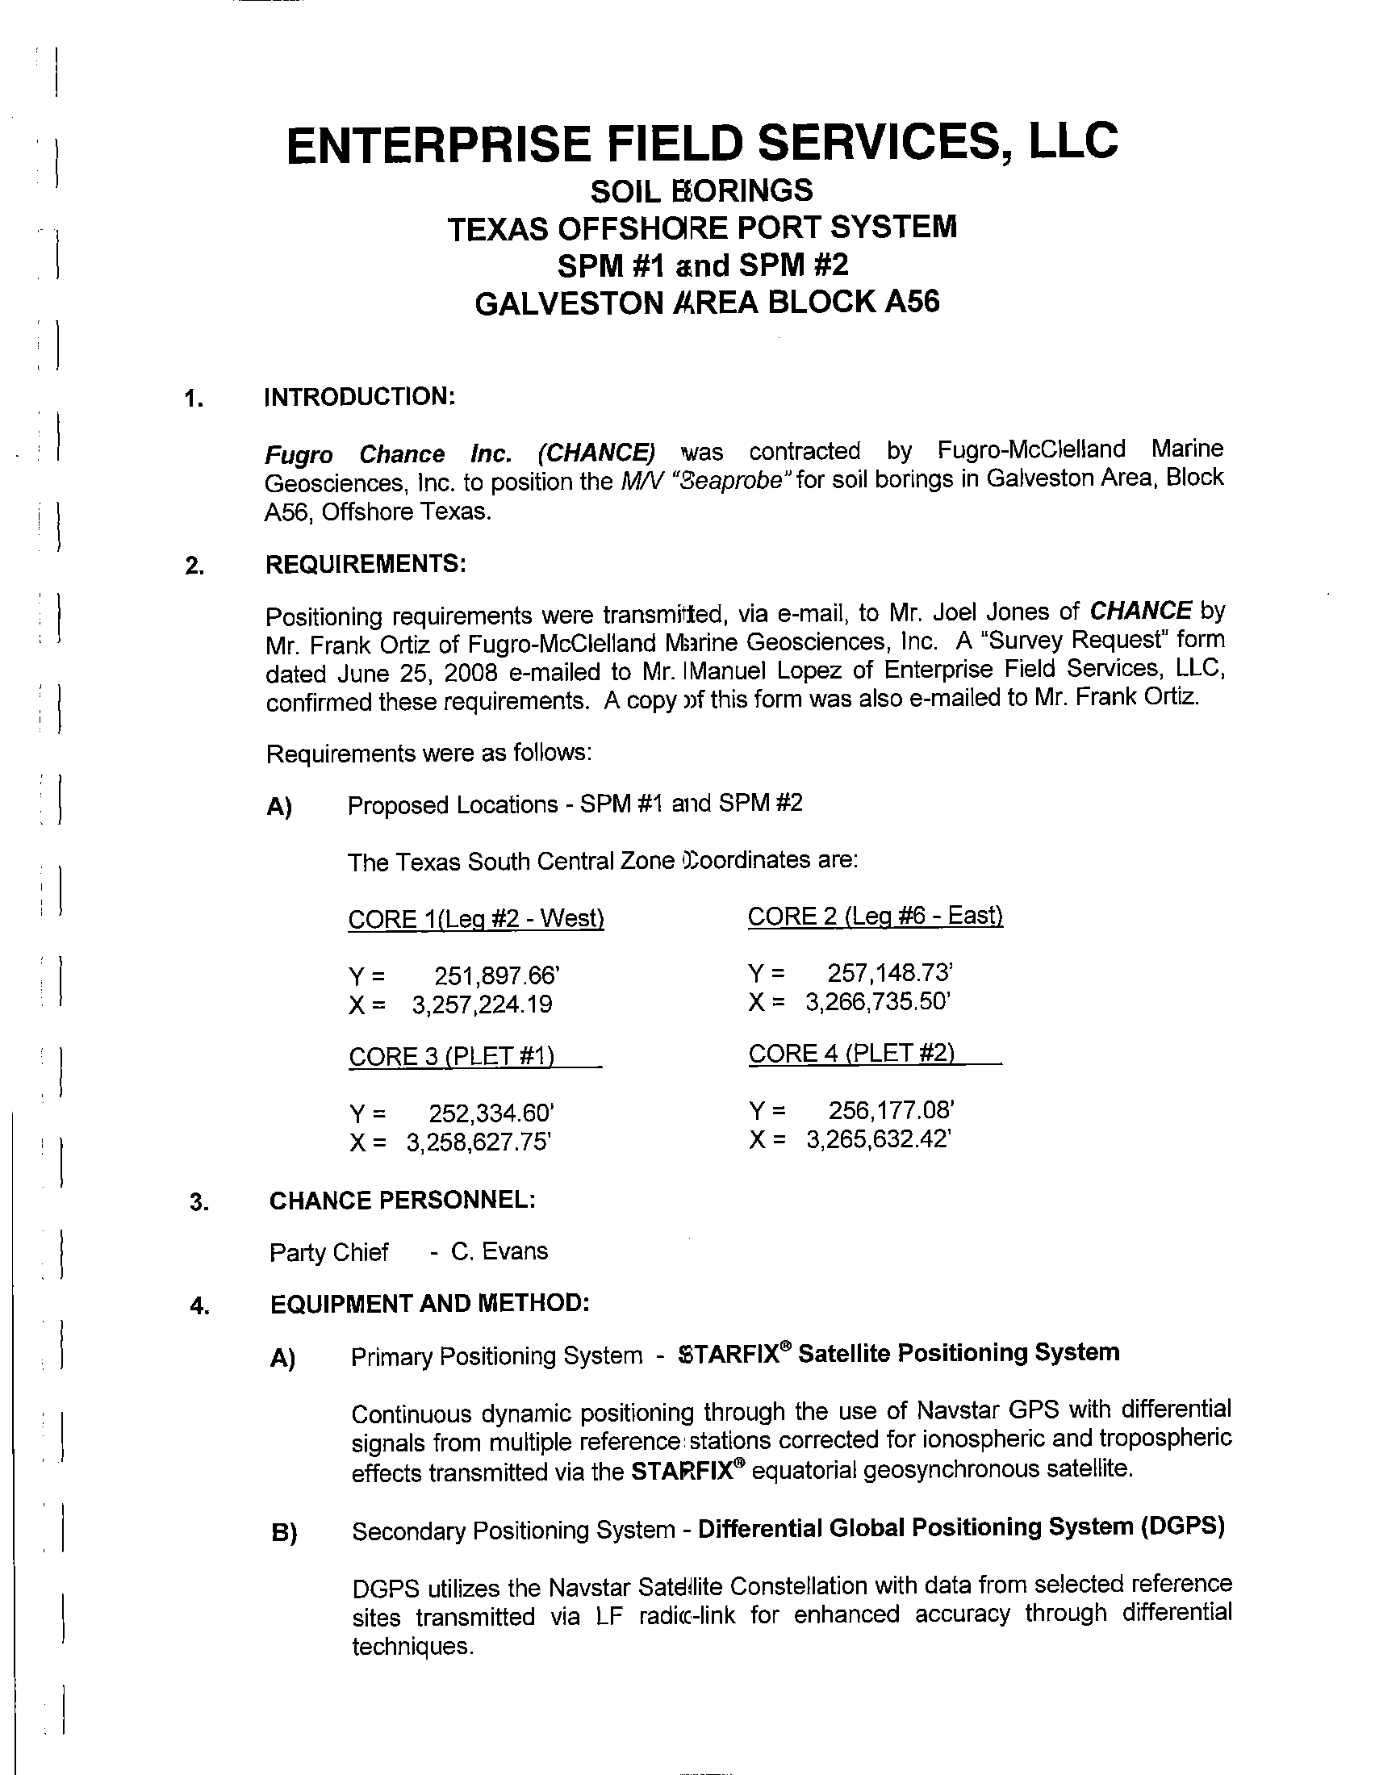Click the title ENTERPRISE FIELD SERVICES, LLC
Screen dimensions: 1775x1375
702,142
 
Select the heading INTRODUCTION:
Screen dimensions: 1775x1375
359,398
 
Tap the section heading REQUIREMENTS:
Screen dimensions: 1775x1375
366,563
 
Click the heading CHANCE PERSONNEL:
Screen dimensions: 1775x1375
403,1200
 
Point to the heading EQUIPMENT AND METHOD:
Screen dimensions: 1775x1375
429,1304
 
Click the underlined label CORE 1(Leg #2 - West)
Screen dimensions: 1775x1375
475,919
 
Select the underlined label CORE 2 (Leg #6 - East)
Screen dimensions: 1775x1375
876,917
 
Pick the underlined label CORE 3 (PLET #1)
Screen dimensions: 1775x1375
452,1057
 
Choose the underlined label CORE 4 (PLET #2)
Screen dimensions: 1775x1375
851,1055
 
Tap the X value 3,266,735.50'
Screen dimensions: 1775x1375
879,1002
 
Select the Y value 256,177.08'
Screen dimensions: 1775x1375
891,1110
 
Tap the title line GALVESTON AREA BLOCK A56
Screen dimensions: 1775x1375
706,303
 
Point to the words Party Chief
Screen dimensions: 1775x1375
329,1252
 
